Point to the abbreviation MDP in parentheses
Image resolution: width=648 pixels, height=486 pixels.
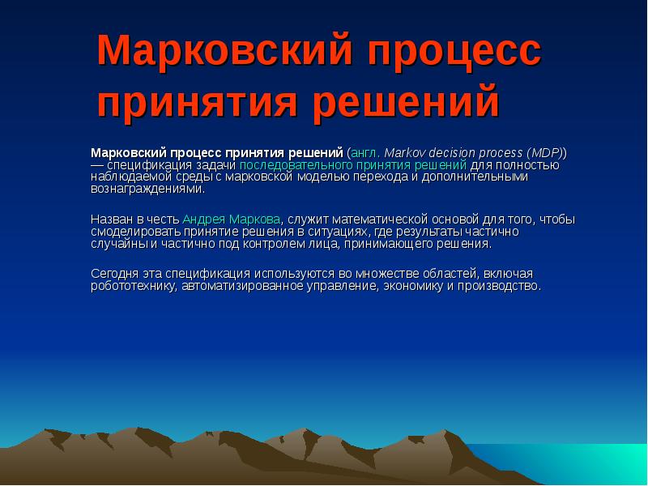(544, 153)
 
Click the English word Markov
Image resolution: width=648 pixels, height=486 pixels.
(404, 153)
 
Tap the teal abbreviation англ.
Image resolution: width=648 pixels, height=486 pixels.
(365, 153)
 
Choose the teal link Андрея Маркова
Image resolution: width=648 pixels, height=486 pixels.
(231, 219)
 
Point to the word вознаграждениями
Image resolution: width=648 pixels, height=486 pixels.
(147, 190)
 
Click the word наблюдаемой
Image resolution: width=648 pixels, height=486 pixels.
(126, 177)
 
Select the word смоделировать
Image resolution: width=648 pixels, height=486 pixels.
(135, 232)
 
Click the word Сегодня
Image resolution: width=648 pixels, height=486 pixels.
(114, 274)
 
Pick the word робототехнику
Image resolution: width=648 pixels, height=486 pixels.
(134, 286)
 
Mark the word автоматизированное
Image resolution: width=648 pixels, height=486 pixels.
(242, 286)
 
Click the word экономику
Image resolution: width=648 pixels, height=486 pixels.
(413, 286)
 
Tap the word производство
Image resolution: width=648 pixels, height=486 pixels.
(499, 286)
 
